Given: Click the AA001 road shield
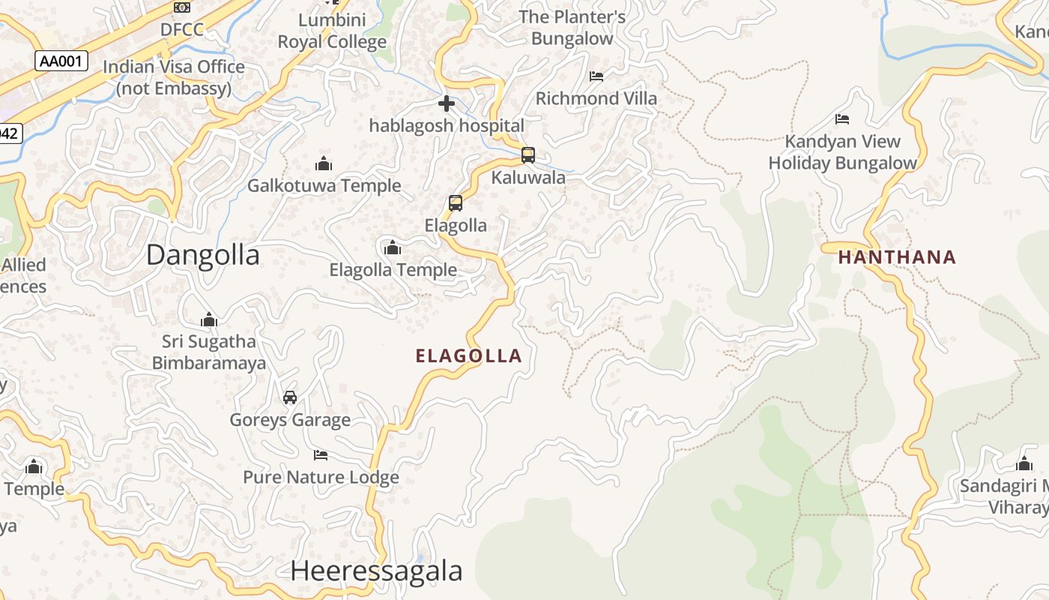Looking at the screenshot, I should (x=61, y=61).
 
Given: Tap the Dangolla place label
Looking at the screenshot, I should (x=202, y=255).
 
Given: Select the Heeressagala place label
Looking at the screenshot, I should (x=376, y=571).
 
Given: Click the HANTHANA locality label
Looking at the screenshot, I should (x=897, y=257).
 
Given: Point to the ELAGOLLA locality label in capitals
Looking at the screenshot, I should (x=468, y=355).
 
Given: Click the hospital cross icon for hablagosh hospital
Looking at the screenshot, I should (x=447, y=103).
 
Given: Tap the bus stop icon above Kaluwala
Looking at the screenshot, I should (x=528, y=155).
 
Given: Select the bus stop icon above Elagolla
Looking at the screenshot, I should (x=455, y=202).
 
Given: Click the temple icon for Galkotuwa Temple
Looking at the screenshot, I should (x=324, y=163).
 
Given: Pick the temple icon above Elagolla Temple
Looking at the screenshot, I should (x=392, y=247).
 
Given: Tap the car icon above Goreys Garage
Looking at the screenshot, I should (x=290, y=397).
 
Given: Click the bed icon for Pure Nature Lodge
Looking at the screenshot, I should (x=321, y=454).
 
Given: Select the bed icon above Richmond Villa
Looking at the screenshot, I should (x=596, y=76).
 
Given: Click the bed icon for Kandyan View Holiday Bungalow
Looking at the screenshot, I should (x=842, y=118).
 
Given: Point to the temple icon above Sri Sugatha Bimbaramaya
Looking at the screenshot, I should (x=209, y=319).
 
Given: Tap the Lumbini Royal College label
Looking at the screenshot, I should (x=332, y=31).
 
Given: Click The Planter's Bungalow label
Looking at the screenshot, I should (x=572, y=28).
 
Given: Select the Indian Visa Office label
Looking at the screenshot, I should (x=174, y=77).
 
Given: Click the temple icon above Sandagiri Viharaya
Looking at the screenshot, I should (x=1024, y=463).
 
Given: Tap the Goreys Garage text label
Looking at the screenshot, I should (x=290, y=420).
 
